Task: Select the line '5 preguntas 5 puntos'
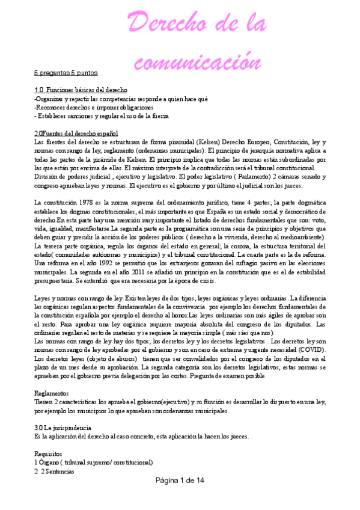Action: [x=65, y=73]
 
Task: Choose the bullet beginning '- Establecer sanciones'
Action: [x=102, y=115]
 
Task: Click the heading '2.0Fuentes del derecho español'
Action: [x=76, y=133]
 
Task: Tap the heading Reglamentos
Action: [x=52, y=393]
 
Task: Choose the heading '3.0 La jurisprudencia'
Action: [x=63, y=428]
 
